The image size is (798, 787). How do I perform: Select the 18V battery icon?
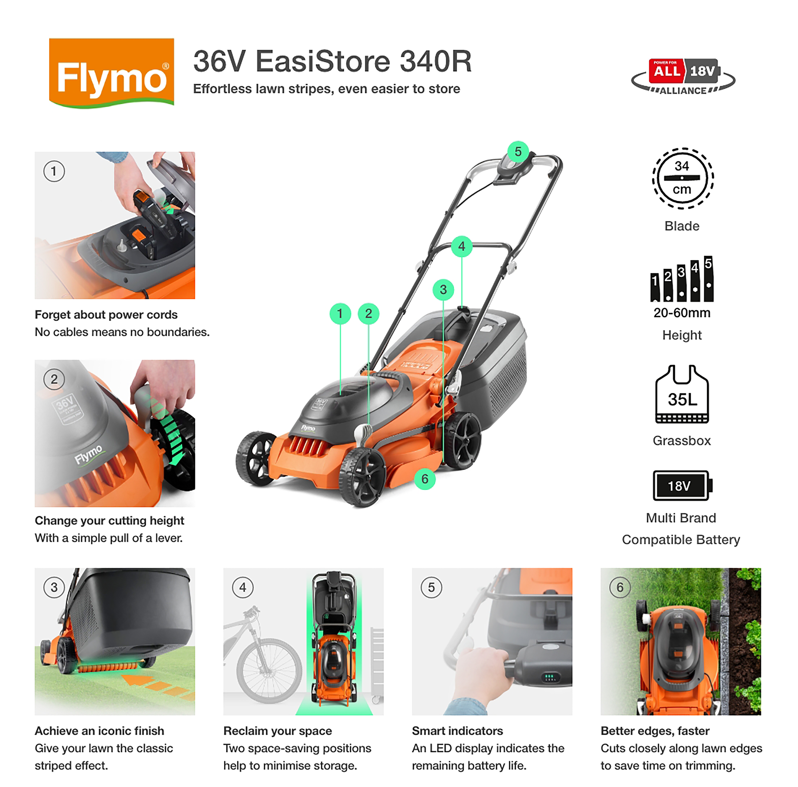click(681, 485)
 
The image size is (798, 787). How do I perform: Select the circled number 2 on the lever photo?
click(54, 379)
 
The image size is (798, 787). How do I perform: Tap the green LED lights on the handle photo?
click(549, 677)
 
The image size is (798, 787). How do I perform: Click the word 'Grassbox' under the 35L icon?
click(682, 441)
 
